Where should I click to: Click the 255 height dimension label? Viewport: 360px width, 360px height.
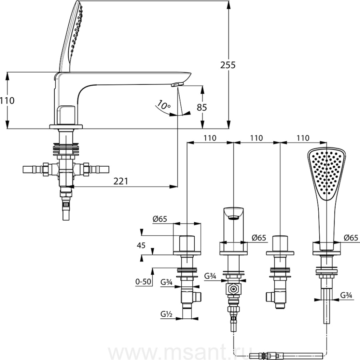coord(228,65)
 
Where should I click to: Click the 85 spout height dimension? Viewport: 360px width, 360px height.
coord(202,107)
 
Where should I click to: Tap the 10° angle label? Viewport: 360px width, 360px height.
coord(164,105)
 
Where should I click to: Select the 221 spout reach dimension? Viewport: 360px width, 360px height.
coord(121,181)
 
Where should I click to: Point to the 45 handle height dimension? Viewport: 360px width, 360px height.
coord(141,245)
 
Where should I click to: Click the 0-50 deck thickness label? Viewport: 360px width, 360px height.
coord(143,282)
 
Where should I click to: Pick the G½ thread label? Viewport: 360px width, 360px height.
coord(166,314)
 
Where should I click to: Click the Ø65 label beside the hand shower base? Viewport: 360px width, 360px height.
coord(351,238)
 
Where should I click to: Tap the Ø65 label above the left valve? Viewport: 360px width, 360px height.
coord(160,219)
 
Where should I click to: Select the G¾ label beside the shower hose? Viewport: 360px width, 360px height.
coord(346,295)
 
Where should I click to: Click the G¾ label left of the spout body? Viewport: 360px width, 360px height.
coord(210,276)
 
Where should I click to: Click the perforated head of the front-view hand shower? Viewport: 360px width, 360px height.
coord(326,173)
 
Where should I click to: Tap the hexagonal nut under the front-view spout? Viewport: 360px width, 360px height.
coord(234,289)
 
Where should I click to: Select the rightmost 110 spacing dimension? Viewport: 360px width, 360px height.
coord(303,138)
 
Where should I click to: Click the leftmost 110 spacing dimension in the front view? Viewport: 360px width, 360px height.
coord(210,138)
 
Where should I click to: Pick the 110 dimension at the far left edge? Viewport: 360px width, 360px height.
coord(7,101)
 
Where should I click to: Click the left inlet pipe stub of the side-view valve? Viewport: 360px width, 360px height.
coord(32,169)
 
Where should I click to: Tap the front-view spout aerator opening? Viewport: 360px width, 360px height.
coord(234,217)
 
